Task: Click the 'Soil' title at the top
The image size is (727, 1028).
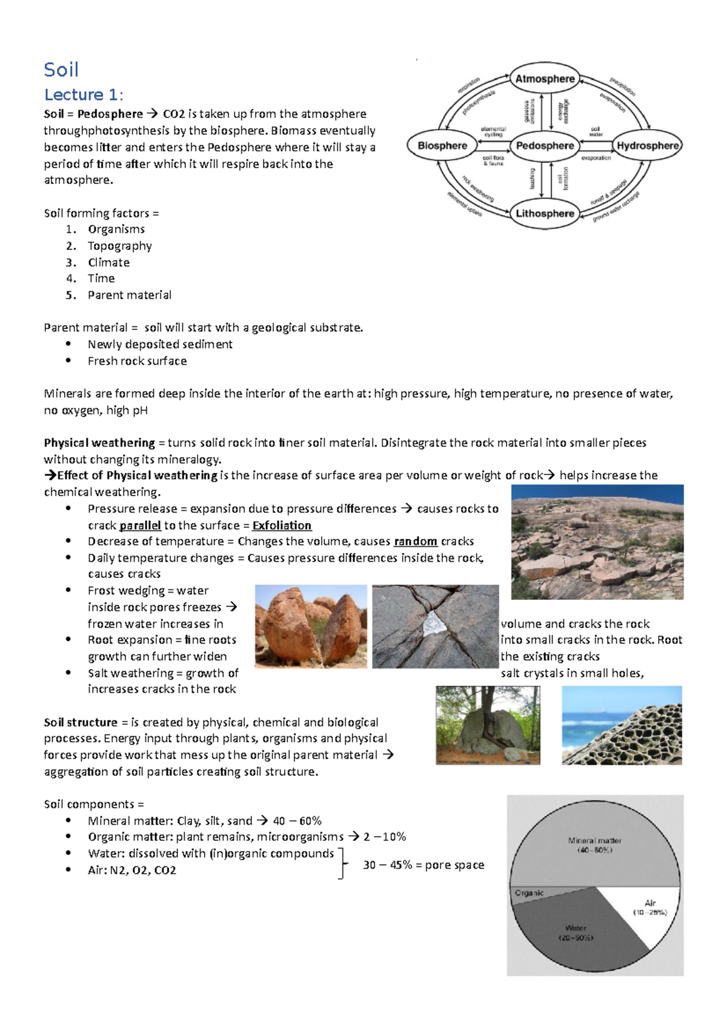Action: pos(61,70)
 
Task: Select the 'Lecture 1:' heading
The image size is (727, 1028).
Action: pos(84,95)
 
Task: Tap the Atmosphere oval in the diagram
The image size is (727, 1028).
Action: pos(545,79)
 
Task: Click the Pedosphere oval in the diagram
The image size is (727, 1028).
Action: pos(545,146)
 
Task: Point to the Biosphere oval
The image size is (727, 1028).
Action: pos(442,146)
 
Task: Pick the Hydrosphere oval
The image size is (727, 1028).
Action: pos(648,146)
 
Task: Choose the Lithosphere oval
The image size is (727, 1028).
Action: pos(545,213)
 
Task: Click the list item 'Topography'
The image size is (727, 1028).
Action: pos(119,246)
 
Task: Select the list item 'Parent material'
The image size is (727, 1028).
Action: pos(129,295)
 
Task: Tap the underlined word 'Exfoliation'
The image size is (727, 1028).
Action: pos(282,526)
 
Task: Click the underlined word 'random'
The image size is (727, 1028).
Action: pos(416,541)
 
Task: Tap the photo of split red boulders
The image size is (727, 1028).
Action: pos(311,627)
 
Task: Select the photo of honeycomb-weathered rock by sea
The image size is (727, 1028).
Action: pos(622,725)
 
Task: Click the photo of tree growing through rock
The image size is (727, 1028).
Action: pos(488,725)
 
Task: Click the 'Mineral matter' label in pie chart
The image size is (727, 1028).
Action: pos(594,841)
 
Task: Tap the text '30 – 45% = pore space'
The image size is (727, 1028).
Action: pos(423,865)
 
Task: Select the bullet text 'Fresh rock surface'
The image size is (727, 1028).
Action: pos(137,361)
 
